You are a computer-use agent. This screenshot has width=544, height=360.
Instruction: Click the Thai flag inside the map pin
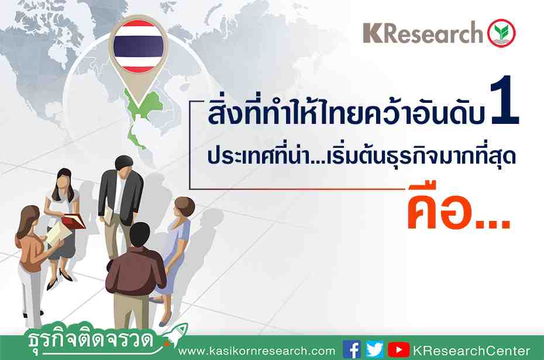pyautogui.click(x=139, y=46)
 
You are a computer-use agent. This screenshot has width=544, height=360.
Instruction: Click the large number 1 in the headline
pyautogui.click(x=504, y=100)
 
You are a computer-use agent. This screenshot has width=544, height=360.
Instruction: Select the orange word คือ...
pyautogui.click(x=439, y=208)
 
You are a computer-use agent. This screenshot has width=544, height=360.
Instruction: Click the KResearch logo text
pyautogui.click(x=423, y=33)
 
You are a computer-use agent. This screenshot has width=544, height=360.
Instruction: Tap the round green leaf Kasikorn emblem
pyautogui.click(x=501, y=33)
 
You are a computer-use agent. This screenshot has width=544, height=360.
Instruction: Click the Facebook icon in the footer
pyautogui.click(x=352, y=349)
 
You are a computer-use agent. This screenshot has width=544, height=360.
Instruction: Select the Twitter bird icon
pyautogui.click(x=374, y=349)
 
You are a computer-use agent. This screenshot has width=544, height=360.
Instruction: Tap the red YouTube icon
pyautogui.click(x=398, y=349)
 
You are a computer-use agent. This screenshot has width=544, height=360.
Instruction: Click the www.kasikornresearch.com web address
pyautogui.click(x=257, y=351)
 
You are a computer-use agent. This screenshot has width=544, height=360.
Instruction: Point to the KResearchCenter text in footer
pyautogui.click(x=471, y=351)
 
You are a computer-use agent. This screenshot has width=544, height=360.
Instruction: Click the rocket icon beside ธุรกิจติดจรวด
pyautogui.click(x=176, y=334)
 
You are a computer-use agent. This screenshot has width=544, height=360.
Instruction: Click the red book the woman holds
pyautogui.click(x=74, y=221)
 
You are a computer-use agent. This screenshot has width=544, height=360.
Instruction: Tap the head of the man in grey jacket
pyautogui.click(x=123, y=167)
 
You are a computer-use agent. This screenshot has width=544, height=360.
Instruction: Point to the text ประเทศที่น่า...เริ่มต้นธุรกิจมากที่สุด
pyautogui.click(x=361, y=157)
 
